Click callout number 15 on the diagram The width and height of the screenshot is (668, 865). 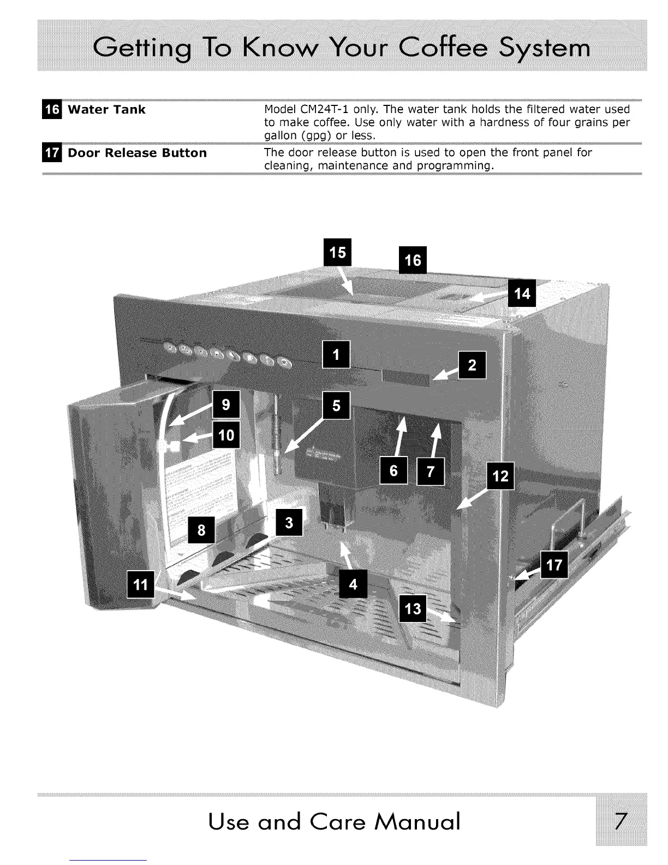click(x=338, y=252)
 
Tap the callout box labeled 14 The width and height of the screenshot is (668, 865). click(x=522, y=294)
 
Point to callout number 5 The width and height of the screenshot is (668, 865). click(x=336, y=406)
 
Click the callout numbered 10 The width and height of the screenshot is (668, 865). click(x=226, y=435)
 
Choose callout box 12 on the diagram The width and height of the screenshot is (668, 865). click(x=500, y=477)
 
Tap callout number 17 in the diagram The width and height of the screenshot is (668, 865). click(x=554, y=565)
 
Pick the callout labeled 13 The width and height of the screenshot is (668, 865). click(x=414, y=608)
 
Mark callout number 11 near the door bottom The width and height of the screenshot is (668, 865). click(x=140, y=584)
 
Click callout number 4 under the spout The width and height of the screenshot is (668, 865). click(x=353, y=584)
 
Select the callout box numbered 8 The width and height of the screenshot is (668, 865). click(x=201, y=530)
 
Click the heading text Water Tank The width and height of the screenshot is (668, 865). click(x=106, y=110)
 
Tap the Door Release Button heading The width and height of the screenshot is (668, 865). click(x=137, y=153)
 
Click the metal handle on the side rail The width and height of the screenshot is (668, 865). click(x=565, y=527)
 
